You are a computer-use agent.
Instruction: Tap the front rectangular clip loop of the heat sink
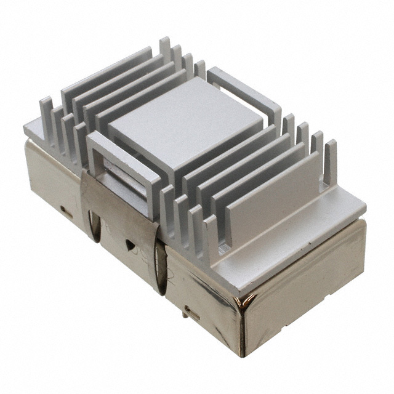click(117, 163)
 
